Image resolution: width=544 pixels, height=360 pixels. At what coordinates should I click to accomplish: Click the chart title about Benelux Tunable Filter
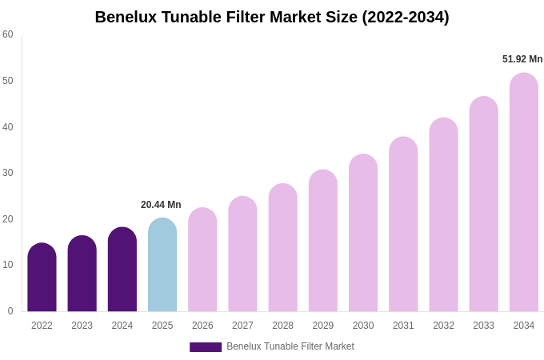click(x=272, y=17)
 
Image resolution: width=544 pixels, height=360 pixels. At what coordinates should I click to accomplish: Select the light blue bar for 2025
click(x=162, y=265)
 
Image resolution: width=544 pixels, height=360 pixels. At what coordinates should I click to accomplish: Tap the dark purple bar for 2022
click(x=42, y=278)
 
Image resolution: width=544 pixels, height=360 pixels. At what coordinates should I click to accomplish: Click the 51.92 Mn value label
click(x=522, y=59)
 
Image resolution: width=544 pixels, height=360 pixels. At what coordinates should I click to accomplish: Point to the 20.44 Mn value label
click(x=161, y=205)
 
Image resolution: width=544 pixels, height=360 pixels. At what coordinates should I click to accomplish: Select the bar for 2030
click(x=363, y=233)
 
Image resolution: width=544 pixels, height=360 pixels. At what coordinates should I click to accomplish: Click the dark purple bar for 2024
click(x=122, y=270)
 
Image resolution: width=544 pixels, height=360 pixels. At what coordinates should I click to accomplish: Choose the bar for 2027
click(x=242, y=254)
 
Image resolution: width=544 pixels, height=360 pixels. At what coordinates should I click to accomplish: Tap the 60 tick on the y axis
click(x=8, y=34)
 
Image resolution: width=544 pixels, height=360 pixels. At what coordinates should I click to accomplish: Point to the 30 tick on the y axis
click(x=8, y=173)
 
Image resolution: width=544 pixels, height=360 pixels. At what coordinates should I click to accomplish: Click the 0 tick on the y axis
click(x=10, y=311)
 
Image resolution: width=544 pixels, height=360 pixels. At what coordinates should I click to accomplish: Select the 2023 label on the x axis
click(x=82, y=326)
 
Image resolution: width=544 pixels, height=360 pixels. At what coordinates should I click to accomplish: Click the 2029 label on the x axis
click(x=323, y=326)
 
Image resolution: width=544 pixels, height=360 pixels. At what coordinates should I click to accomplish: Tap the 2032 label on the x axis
click(x=443, y=326)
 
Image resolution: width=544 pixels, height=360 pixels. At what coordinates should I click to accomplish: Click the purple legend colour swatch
click(x=206, y=347)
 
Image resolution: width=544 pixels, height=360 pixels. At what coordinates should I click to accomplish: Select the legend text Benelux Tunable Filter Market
click(x=290, y=346)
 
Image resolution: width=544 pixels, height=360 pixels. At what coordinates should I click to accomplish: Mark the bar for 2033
click(x=483, y=204)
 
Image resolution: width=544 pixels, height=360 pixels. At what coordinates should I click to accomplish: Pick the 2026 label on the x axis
click(x=202, y=326)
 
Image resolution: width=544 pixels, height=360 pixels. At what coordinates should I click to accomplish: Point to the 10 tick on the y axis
click(x=8, y=265)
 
